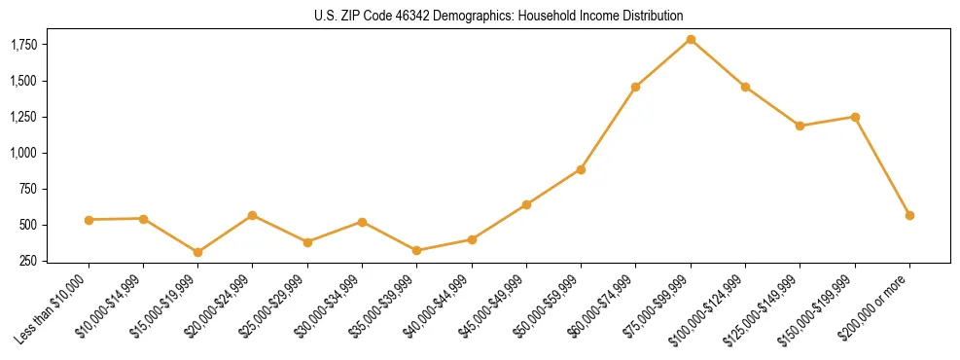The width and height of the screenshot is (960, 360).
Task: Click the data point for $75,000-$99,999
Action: coord(691,39)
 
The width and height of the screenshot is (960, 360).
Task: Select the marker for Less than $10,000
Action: coord(89,220)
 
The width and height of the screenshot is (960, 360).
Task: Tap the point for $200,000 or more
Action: coord(909,215)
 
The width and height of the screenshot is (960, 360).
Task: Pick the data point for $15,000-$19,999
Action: coord(197,252)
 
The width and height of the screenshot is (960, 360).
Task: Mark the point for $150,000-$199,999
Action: coord(855,117)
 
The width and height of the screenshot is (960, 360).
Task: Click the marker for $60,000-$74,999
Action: coord(635,87)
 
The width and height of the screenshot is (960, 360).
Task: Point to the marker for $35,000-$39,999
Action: coord(416,250)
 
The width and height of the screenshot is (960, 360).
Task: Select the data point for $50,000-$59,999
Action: coord(581,169)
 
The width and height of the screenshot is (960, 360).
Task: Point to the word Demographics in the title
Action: coord(465,16)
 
